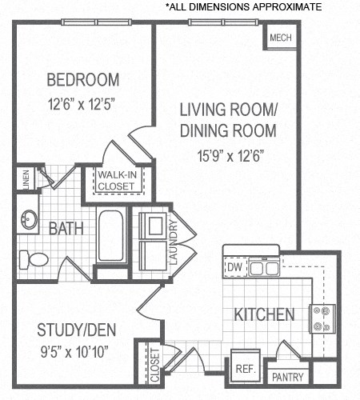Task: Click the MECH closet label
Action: (x=279, y=38)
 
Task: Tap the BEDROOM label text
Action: (x=82, y=80)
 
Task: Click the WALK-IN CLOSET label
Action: (x=117, y=181)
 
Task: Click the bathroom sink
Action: (x=30, y=220)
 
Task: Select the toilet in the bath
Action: (x=34, y=258)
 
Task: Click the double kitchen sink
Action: (x=265, y=268)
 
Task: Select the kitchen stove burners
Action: (x=324, y=318)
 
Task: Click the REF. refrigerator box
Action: (x=245, y=369)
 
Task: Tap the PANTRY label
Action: (x=286, y=376)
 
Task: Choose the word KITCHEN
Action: (x=263, y=314)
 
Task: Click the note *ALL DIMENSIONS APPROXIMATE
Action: (x=243, y=6)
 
